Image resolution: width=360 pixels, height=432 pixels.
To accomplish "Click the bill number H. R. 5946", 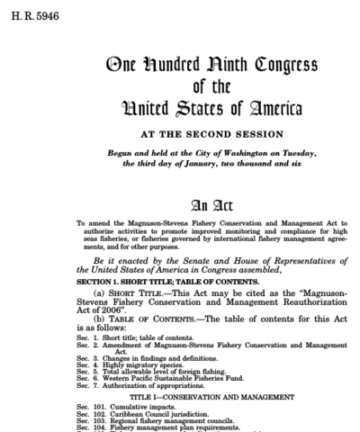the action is point(24,14).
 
